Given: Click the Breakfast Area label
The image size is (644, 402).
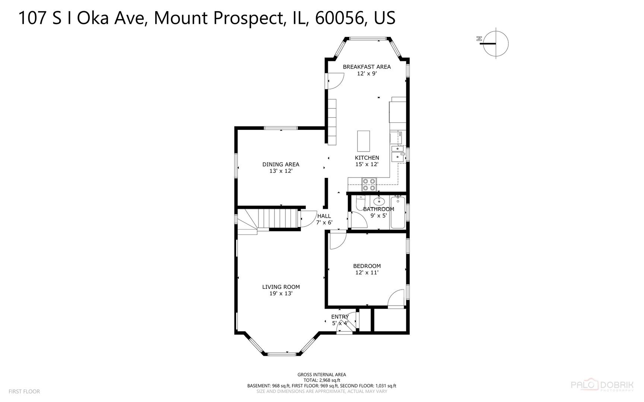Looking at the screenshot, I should coord(367,67).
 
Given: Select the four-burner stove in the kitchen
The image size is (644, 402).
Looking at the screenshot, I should coord(369,185).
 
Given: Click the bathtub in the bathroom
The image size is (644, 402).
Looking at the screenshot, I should coord(397,213).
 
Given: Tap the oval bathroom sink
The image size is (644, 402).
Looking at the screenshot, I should coord(379,202).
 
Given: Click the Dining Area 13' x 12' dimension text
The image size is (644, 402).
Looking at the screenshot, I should coord(281,171).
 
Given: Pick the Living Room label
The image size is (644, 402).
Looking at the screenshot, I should coord(281,287).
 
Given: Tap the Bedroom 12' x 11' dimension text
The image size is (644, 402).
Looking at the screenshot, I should coord(367,272).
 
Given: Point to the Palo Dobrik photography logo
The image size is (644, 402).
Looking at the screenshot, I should coord(602,385).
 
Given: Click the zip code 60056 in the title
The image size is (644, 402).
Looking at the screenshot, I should coord(339,18).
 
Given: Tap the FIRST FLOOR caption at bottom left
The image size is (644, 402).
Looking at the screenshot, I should coord(24,392).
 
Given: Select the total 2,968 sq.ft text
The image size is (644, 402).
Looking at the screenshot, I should coord(321,380).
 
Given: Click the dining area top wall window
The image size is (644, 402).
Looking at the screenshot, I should coord(281,128).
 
